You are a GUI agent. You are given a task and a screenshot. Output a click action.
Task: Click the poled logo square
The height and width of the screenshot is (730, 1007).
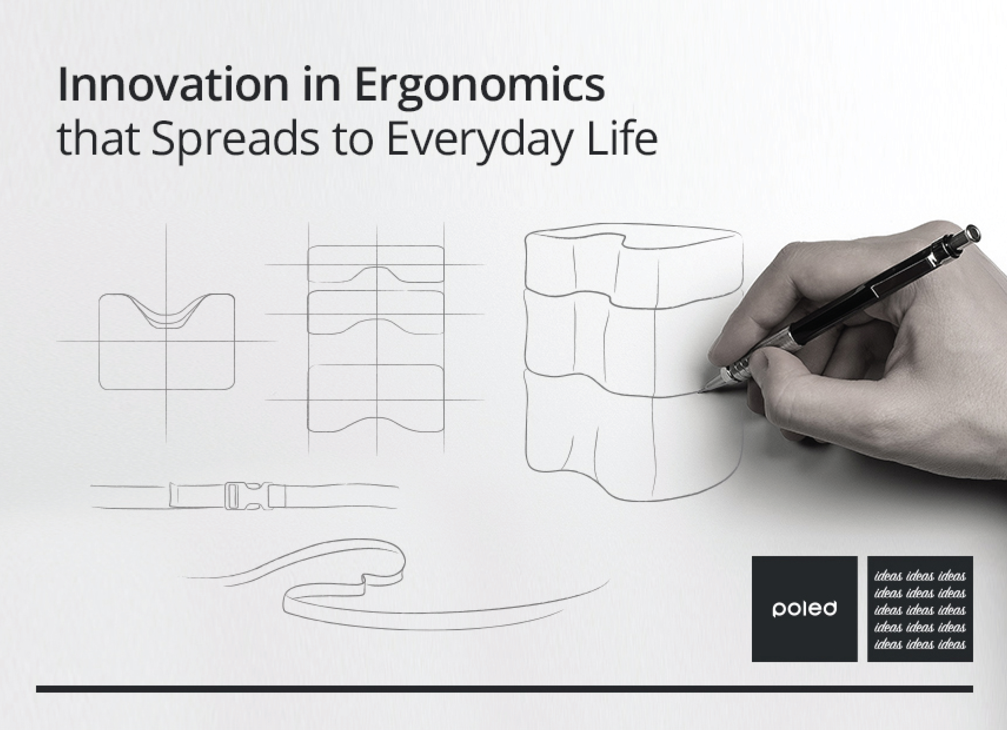click(x=804, y=609)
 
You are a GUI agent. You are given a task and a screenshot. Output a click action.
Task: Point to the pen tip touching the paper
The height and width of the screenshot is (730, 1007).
click(x=701, y=391)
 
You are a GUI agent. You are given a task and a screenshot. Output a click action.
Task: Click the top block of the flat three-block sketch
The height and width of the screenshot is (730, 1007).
click(x=376, y=264)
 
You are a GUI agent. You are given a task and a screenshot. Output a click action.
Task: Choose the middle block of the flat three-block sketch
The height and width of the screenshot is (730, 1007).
click(x=376, y=312)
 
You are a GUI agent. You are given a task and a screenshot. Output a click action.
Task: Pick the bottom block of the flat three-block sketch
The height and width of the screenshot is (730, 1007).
click(x=376, y=398)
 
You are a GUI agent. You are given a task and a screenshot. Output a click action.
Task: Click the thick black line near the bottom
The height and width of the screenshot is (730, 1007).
click(x=505, y=689)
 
